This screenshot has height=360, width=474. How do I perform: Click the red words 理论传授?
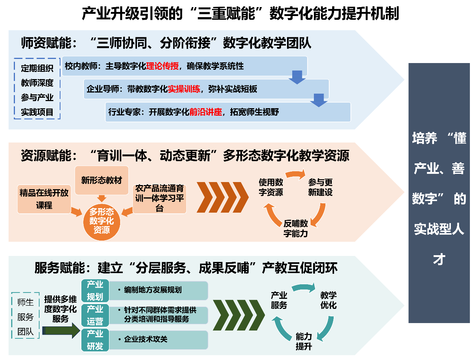(162, 66)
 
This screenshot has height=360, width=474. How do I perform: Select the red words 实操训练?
(184, 89)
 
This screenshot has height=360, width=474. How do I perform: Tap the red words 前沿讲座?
(206, 112)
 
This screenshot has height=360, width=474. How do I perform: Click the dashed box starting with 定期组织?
(37, 89)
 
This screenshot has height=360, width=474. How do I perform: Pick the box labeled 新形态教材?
(102, 180)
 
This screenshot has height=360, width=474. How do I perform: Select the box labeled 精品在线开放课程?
(44, 199)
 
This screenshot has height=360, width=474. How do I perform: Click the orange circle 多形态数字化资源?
(102, 221)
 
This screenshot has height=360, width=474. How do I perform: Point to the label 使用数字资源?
(271, 187)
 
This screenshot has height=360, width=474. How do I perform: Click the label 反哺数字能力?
(296, 228)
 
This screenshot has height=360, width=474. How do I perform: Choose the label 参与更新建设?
(320, 187)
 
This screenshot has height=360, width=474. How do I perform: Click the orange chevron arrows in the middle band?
(222, 197)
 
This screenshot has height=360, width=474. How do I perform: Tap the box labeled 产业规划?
(95, 291)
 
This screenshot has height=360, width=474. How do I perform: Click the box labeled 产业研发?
(95, 340)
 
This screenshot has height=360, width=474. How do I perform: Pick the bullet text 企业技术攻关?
(146, 339)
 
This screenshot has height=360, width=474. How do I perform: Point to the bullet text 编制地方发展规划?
(153, 290)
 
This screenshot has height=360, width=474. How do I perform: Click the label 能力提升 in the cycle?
(304, 341)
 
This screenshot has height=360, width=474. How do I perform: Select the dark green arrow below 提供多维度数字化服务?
(62, 331)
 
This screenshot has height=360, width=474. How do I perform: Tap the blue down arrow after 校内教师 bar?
(297, 77)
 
